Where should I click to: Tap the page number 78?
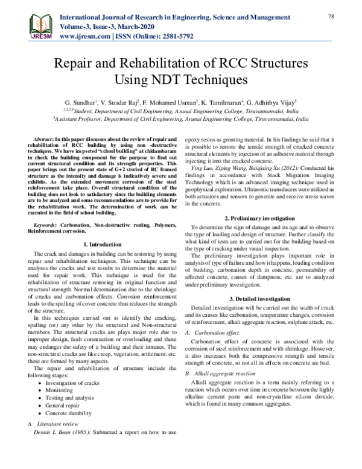[331, 16]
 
